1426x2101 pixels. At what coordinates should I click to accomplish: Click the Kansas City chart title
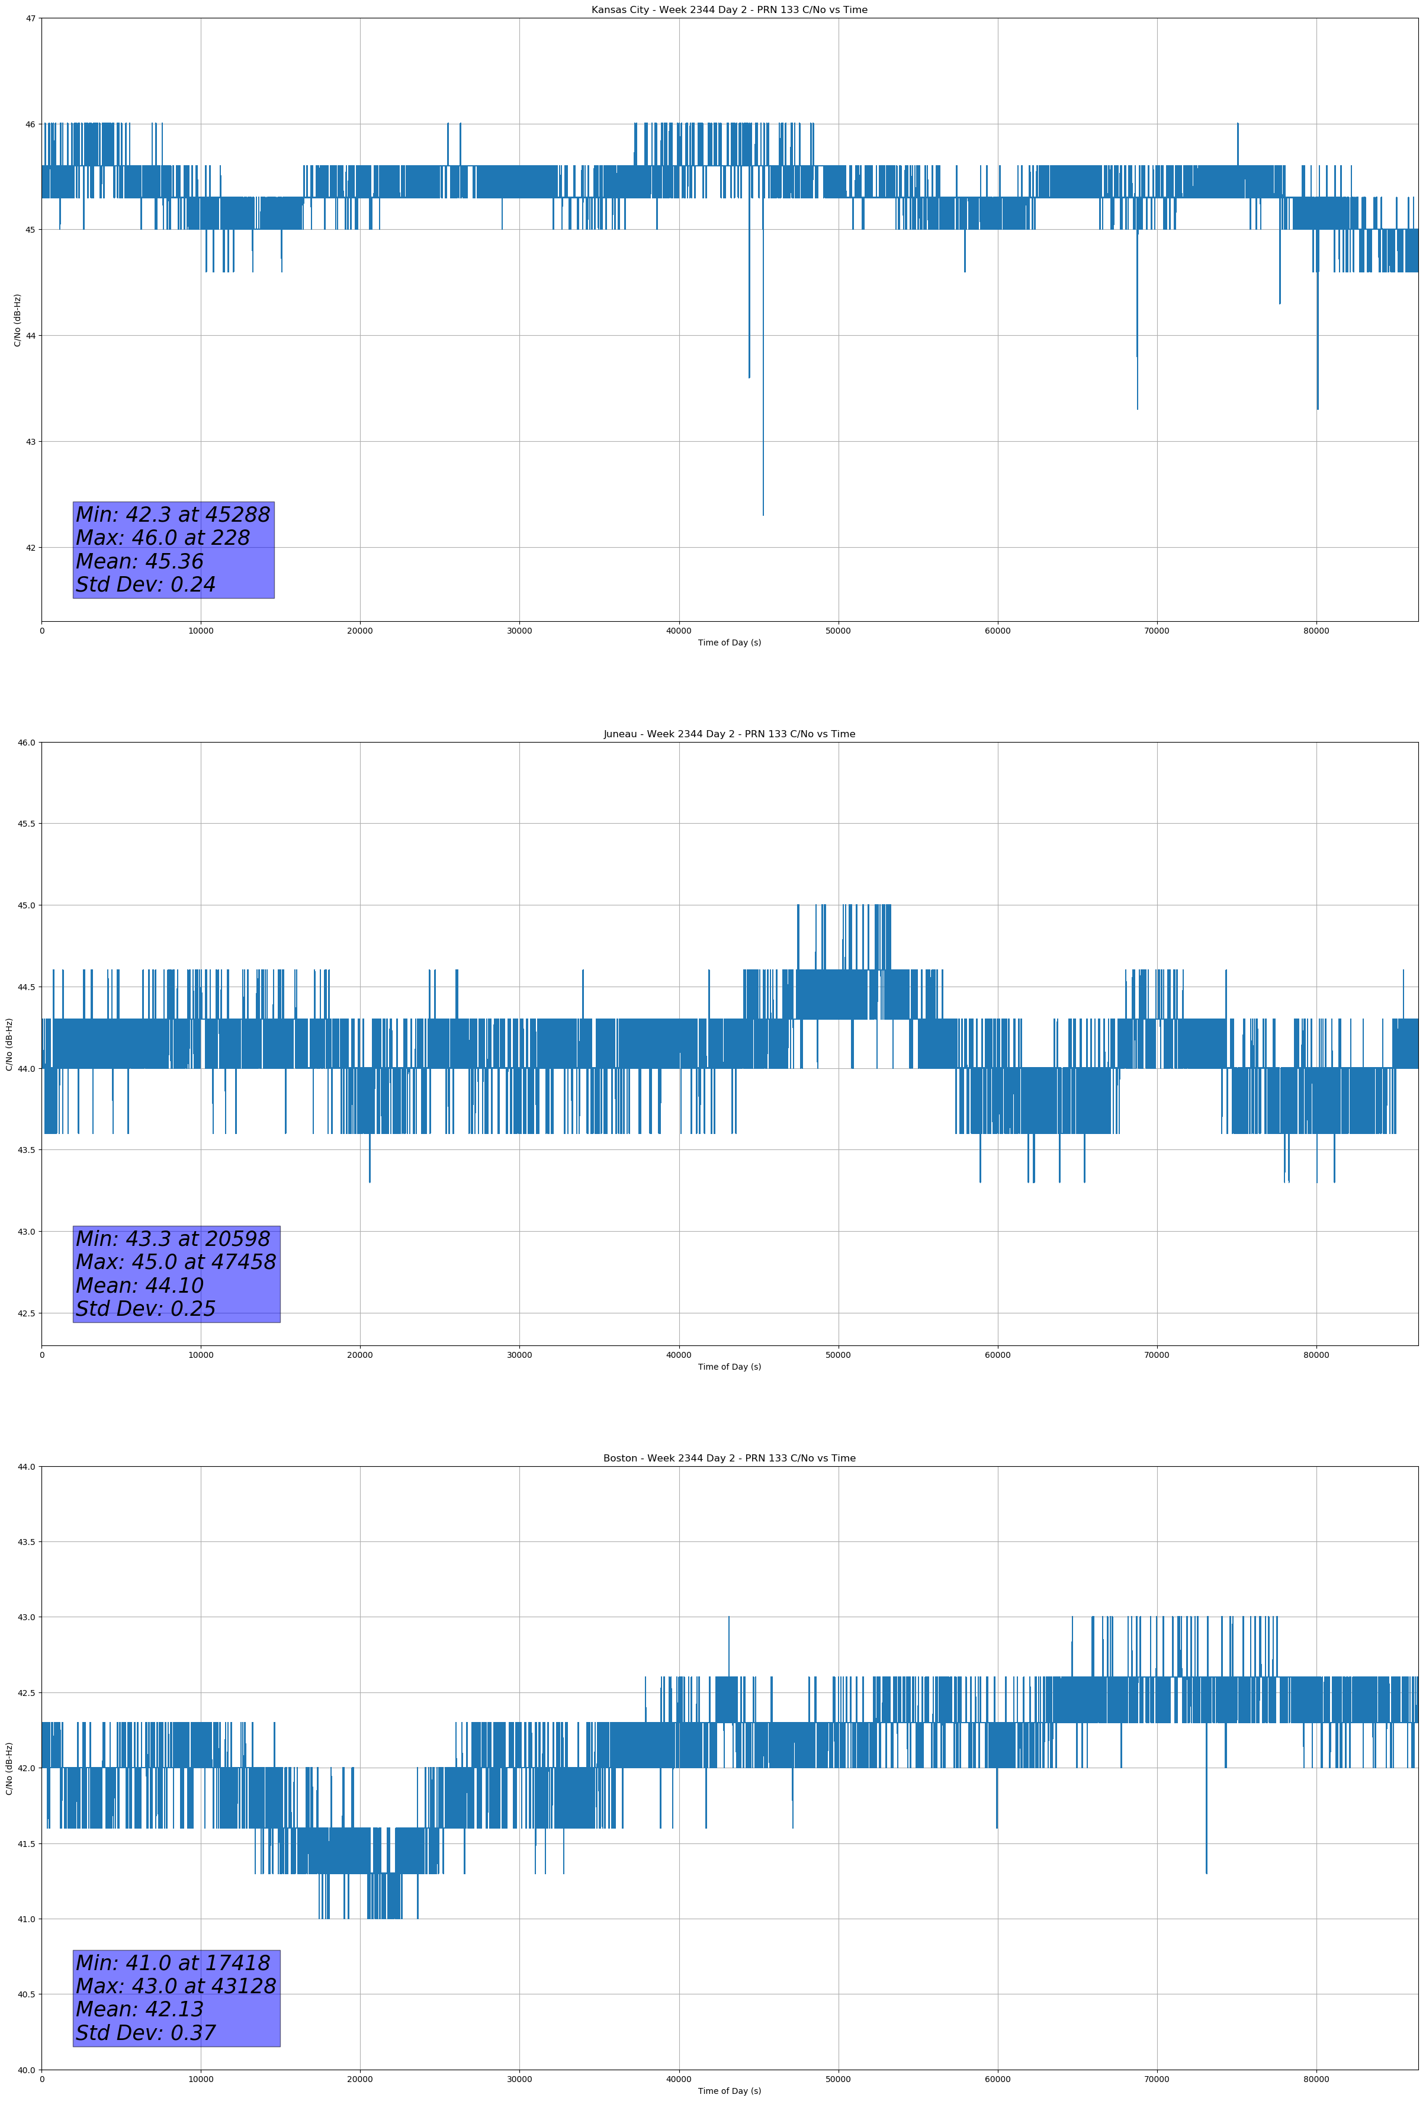[x=729, y=10]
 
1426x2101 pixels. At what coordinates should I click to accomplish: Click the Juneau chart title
[x=729, y=734]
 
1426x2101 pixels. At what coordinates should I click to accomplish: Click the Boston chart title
[x=729, y=1459]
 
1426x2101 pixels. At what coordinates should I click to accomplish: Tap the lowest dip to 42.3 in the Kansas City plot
[x=763, y=513]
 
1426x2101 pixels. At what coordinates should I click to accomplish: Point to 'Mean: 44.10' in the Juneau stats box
[x=140, y=1286]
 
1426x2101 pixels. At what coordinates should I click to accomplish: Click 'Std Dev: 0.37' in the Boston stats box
[x=146, y=2033]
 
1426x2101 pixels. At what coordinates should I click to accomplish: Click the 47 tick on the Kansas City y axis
[x=31, y=18]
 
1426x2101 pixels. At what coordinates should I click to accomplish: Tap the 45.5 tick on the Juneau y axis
[x=27, y=824]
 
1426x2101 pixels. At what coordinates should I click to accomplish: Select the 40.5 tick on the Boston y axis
[x=27, y=1994]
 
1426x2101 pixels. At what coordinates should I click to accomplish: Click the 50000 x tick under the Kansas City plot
[x=838, y=631]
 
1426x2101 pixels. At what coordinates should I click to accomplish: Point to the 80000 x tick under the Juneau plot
[x=1316, y=1355]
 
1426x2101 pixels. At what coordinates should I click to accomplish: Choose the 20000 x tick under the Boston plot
[x=360, y=2079]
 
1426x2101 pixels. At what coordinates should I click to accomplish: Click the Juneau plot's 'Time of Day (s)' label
[x=729, y=1367]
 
